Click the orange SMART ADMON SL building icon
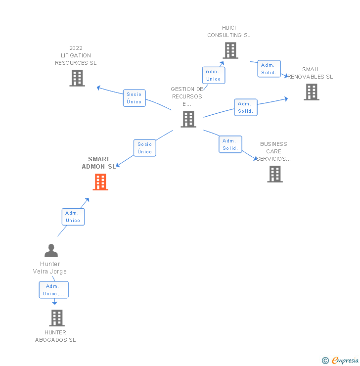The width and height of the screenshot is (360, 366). coord(100,182)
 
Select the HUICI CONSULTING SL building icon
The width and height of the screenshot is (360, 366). coord(230,50)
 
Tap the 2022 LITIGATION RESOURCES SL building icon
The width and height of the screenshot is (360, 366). coord(77,78)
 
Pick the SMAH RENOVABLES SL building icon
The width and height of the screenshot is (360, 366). coord(311,92)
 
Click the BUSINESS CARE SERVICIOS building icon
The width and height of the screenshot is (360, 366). coord(275,174)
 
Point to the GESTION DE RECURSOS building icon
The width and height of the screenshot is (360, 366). coord(188,119)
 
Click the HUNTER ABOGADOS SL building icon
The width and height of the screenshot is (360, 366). coord(57,318)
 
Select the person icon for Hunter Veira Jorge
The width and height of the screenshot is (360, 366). coord(51,251)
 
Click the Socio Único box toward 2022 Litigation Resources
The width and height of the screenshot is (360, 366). coord(134,98)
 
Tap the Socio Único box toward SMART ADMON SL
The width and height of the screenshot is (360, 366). coord(145,148)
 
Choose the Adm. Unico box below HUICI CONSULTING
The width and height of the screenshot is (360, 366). coord(214,75)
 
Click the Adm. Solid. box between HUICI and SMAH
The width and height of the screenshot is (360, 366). coord(269,69)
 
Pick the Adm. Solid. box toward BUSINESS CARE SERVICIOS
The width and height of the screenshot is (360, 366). coord(230,144)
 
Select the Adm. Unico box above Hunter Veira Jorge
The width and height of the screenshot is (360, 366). coord(73,217)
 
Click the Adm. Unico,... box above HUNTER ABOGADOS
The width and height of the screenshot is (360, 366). coord(53,290)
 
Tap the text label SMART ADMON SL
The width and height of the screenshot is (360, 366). coord(99,163)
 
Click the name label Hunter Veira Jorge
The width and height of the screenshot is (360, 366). coord(50,268)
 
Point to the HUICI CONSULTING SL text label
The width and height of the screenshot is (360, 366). coord(229,32)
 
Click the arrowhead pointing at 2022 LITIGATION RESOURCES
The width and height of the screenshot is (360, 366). coord(98,88)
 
